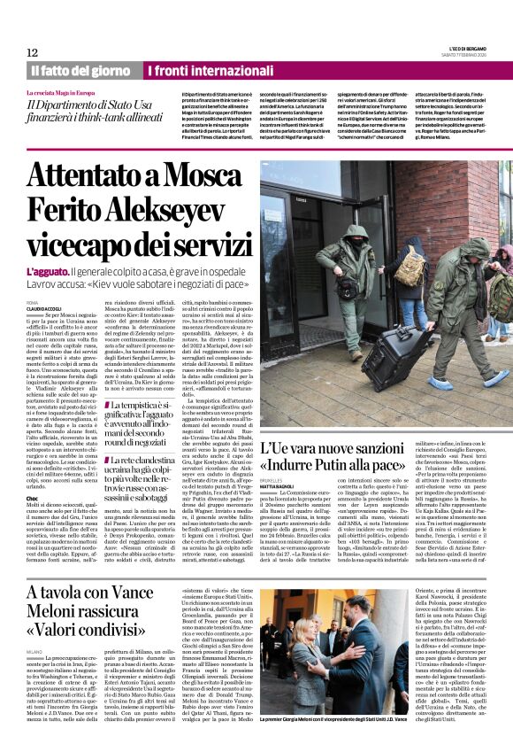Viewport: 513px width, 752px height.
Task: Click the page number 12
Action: (x=32, y=53)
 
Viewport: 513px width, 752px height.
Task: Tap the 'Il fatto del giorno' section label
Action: (x=80, y=70)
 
